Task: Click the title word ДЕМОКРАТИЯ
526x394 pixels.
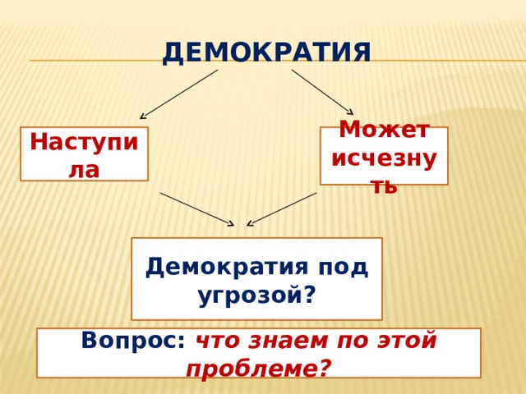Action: click(x=266, y=53)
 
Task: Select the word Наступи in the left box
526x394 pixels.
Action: click(x=84, y=142)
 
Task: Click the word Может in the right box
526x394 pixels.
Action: click(x=384, y=129)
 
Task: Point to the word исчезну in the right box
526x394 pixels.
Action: click(x=384, y=158)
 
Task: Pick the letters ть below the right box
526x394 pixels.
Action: click(x=385, y=186)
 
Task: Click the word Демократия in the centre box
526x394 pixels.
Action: click(x=227, y=267)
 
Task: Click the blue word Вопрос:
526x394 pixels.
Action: click(x=133, y=341)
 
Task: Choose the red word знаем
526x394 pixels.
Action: click(x=288, y=341)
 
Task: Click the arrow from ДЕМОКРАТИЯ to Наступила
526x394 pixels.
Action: click(x=179, y=94)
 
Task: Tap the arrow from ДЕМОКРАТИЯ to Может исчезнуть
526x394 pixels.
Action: click(x=322, y=92)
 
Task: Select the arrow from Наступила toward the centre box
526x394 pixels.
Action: click(x=197, y=209)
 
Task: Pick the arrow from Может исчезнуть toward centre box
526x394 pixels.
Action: click(x=281, y=209)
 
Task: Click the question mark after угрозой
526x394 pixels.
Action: click(x=310, y=294)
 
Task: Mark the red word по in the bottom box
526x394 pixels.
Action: click(x=353, y=341)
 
